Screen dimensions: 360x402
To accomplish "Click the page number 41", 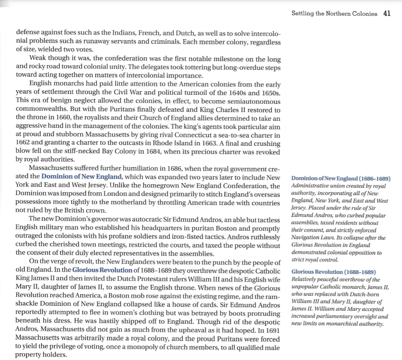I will [x=387, y=13].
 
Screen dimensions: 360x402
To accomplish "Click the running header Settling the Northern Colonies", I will [x=334, y=14].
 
